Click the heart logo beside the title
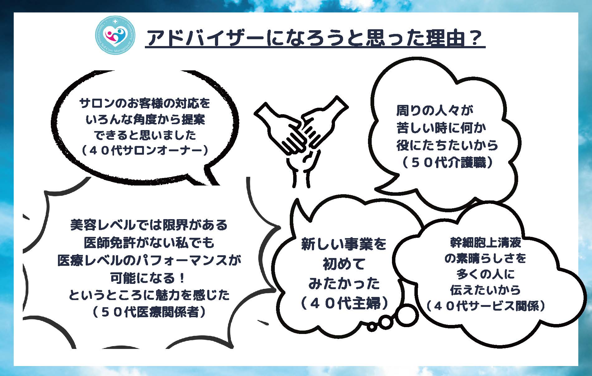pos(115,37)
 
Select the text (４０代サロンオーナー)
pos(144,151)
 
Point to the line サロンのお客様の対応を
pos(145,103)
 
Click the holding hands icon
pos(301,142)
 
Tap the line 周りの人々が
pos(434,110)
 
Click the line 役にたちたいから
pos(447,145)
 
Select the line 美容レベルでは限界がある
pos(149,225)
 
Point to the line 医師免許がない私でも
pos(149,242)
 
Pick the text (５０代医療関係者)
pos(149,312)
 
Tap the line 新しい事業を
pos(344,244)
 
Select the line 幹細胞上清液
pos(485,242)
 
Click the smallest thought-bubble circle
pos(372,327)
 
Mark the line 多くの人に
pos(485,275)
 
